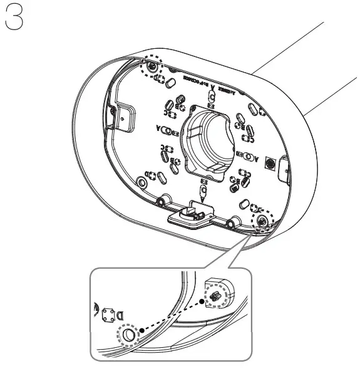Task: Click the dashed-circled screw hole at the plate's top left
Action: pyautogui.click(x=154, y=66)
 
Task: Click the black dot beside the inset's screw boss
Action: pyautogui.click(x=202, y=301)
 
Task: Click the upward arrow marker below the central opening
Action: pyautogui.click(x=203, y=187)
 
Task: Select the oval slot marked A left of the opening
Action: pyautogui.click(x=167, y=132)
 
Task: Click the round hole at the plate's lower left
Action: pyautogui.click(x=142, y=182)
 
